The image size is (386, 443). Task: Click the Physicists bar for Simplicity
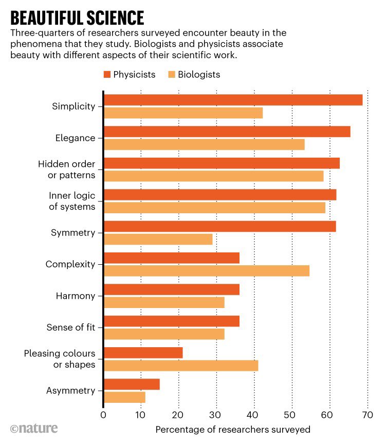pos(233,100)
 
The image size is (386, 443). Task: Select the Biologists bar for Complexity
pos(207,271)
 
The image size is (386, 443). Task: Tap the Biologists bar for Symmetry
pos(158,239)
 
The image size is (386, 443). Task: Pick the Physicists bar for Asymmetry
pos(132,384)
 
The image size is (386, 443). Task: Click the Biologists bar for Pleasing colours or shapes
pos(181,366)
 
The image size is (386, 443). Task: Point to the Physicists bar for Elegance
pos(227,132)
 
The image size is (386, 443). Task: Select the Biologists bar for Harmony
pos(164,302)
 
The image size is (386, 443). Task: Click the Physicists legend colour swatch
pos(107,75)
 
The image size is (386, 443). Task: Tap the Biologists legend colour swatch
pos(172,75)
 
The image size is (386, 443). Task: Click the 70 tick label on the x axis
pos(367,415)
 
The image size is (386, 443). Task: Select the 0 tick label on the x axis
pos(103,415)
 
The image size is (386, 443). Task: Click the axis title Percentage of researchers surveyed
pos(233,429)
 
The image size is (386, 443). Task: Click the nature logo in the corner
pos(34,429)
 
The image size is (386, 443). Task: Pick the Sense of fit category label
pos(71,328)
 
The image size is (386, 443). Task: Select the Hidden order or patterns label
pos(67,169)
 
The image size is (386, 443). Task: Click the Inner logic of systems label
pos(72,201)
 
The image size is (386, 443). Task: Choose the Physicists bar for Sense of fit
pos(172,321)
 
